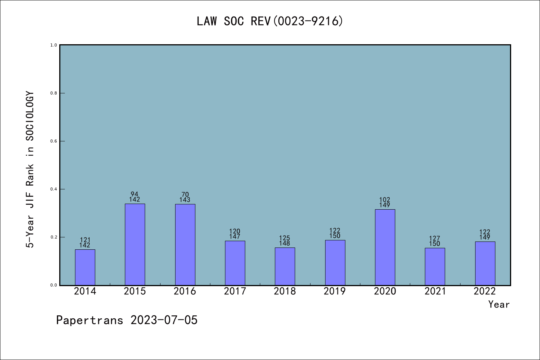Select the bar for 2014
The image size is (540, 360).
(x=85, y=267)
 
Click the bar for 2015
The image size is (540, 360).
(x=135, y=244)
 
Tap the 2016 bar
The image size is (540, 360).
(x=185, y=244)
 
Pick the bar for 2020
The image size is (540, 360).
(x=385, y=247)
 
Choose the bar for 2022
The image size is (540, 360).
(x=485, y=263)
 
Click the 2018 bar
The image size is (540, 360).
(x=285, y=266)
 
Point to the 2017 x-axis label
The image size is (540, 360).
(x=235, y=291)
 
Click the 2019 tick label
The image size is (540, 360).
(x=335, y=291)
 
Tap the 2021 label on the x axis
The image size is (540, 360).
(x=435, y=291)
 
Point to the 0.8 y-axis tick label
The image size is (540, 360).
(x=54, y=93)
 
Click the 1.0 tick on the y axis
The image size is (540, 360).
(x=54, y=45)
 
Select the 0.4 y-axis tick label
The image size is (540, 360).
(x=54, y=189)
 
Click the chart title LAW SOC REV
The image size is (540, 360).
(x=270, y=21)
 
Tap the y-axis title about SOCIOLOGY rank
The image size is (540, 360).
(x=30, y=169)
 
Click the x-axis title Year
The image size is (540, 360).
(x=499, y=304)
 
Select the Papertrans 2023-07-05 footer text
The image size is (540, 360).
(x=127, y=320)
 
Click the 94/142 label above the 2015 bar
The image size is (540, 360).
(x=135, y=197)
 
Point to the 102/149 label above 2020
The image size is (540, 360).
(x=385, y=202)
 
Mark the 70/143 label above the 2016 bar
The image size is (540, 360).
(x=185, y=197)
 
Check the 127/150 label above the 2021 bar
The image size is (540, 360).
(x=435, y=241)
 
